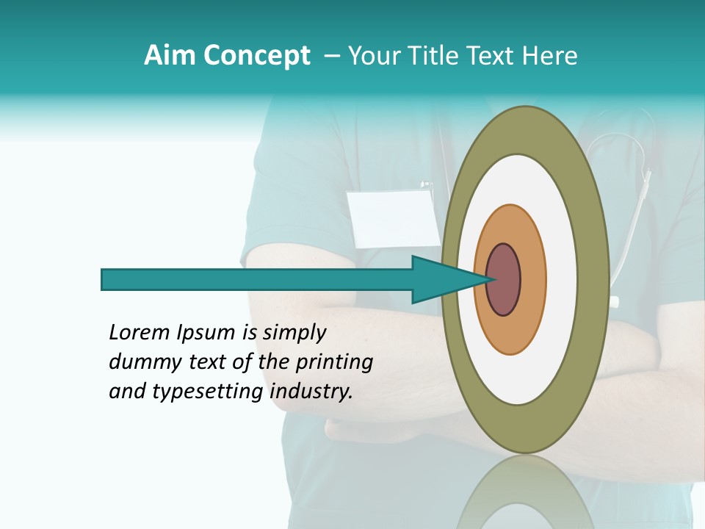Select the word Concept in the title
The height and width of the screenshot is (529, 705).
pos(256,56)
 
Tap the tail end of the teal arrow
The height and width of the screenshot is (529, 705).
pos(104,280)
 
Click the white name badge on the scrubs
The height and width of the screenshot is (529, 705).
pos(395,218)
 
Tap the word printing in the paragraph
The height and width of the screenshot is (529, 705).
pos(337,363)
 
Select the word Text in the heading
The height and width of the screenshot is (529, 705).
pos(492,56)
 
